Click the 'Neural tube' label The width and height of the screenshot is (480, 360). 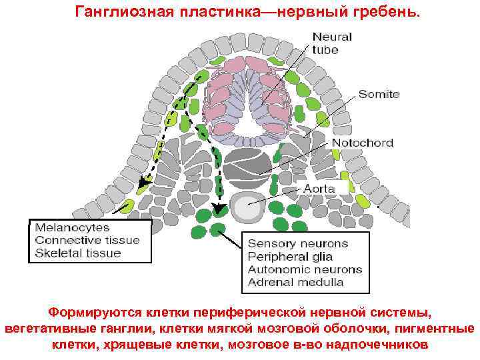(332, 43)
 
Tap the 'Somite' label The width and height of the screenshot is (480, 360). (379, 94)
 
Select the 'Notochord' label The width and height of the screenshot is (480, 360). (362, 143)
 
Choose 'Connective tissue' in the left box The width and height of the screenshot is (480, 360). (87, 240)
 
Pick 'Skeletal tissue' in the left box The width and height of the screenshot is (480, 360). (78, 253)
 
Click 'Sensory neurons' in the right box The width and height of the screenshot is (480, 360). (297, 244)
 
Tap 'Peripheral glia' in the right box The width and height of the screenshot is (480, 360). (290, 257)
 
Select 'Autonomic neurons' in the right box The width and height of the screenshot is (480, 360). (305, 269)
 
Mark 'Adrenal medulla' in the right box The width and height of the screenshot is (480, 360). (295, 282)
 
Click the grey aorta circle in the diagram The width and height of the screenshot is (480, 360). (247, 208)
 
